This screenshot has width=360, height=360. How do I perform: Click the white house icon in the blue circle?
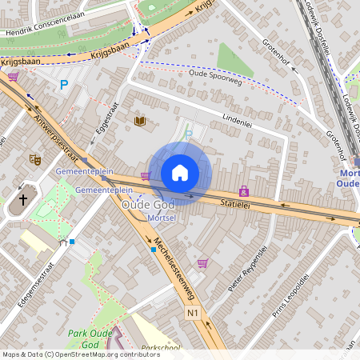pyautogui.click(x=180, y=173)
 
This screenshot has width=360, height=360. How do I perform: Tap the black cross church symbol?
pyautogui.click(x=23, y=199)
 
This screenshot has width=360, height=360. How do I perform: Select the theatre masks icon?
pyautogui.click(x=34, y=159)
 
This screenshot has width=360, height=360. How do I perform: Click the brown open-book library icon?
pyautogui.click(x=141, y=121)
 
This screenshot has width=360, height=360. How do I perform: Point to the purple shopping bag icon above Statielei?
pyautogui.click(x=243, y=191)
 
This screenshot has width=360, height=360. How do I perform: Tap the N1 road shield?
pyautogui.click(x=191, y=312)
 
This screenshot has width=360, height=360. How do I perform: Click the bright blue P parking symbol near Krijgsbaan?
pyautogui.click(x=64, y=83)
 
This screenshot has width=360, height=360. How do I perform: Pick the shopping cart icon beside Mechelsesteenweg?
pyautogui.click(x=202, y=262)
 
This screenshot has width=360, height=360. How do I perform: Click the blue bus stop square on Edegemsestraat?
pyautogui.click(x=72, y=241)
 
